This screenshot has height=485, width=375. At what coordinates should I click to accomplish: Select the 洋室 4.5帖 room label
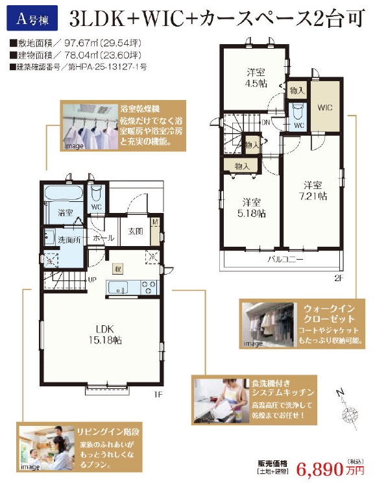coord(253,77)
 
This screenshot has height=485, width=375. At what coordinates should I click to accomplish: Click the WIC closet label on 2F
coord(324,106)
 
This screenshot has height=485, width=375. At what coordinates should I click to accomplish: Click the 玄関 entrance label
coord(135,232)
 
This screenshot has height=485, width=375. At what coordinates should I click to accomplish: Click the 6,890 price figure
coord(322,469)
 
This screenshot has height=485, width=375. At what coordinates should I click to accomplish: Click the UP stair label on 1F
coord(92,279)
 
